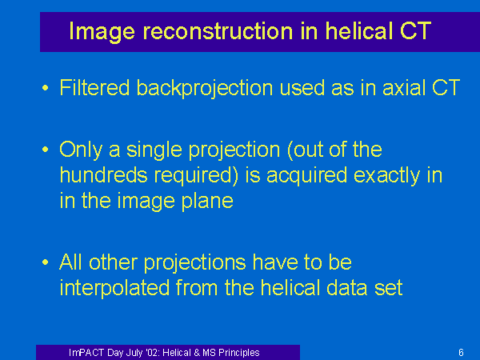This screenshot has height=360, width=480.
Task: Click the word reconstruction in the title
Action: (218, 31)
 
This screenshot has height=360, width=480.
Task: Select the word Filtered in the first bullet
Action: (94, 88)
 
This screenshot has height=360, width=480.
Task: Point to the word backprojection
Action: (205, 89)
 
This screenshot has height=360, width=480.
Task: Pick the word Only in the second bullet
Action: (81, 150)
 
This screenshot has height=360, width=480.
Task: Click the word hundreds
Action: (103, 175)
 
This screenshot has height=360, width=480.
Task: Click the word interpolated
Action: (114, 288)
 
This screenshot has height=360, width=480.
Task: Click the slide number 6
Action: (461, 353)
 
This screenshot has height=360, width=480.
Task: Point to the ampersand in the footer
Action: (197, 353)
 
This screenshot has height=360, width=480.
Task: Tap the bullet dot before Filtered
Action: (46, 88)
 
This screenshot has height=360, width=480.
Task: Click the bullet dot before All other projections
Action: (46, 262)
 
